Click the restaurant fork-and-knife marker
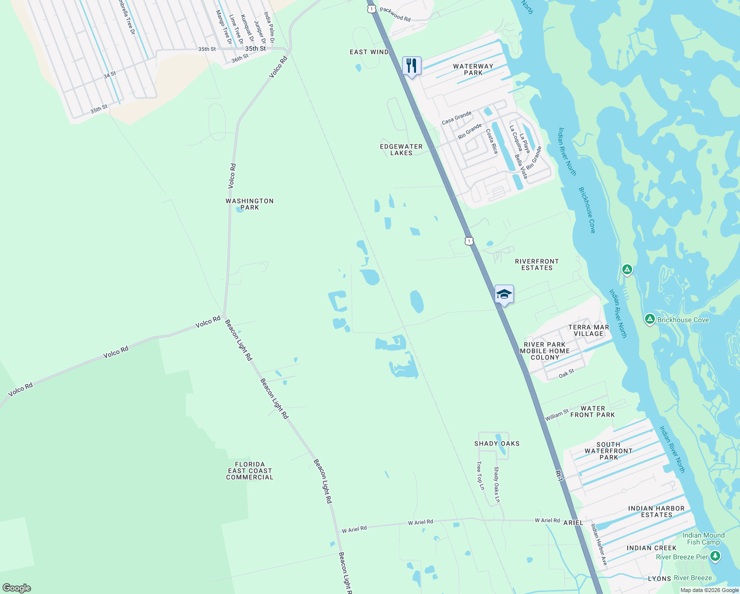coord(412,66)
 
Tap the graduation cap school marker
coord(504,295)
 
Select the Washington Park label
coord(249,204)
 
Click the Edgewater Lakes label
coord(401,149)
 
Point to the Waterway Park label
coord(473,69)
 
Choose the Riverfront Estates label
coord(537,264)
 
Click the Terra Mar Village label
coord(589,330)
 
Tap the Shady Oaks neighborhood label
coord(497,444)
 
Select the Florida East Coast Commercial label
coord(250,471)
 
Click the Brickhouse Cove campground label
coord(683,320)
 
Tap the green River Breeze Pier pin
coord(715,557)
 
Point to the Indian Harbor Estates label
coord(656,511)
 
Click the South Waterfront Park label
coord(608,451)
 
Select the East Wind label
coord(369,52)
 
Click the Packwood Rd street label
coord(395,14)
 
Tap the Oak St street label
coord(566,374)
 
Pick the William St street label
coord(557,415)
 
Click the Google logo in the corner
coord(17,588)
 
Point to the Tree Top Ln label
coord(480,476)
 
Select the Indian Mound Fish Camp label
coord(703,539)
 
